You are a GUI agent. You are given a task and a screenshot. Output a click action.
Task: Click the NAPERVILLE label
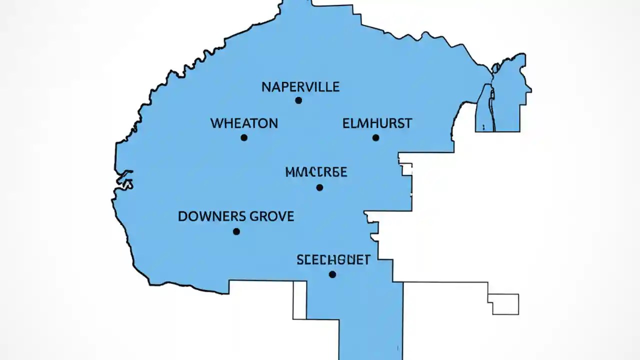click(300, 87)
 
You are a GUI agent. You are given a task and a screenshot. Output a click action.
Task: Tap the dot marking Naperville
click(298, 100)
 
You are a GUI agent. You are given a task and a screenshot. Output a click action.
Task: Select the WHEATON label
click(244, 123)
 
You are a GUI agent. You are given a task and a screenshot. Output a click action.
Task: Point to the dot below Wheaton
click(244, 137)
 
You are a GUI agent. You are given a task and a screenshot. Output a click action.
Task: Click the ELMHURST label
click(377, 123)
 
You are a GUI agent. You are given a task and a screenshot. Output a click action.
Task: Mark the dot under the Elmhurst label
click(375, 137)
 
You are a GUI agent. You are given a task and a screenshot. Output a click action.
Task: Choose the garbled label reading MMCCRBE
click(316, 172)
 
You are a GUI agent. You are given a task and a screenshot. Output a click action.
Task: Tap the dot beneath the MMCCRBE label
click(319, 187)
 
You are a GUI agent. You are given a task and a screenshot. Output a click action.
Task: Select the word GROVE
click(271, 216)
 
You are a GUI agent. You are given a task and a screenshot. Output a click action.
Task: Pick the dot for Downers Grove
click(236, 231)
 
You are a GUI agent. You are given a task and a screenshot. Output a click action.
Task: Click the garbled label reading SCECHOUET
click(333, 260)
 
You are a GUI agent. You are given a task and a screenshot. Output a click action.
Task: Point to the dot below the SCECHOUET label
click(332, 274)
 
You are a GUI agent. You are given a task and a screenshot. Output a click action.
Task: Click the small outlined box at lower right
click(505, 304)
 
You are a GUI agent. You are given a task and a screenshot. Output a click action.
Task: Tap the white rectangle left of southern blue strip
click(299, 300)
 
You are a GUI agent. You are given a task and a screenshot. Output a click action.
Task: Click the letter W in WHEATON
click(216, 123)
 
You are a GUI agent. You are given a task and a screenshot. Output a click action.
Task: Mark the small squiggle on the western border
click(124, 179)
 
